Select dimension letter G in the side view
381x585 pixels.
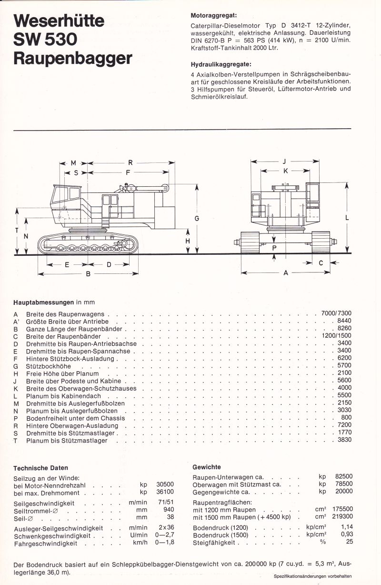pyautogui.click(x=196, y=218)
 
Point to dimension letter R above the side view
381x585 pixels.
pyautogui.click(x=130, y=163)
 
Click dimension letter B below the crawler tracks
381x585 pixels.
pyautogui.click(x=88, y=274)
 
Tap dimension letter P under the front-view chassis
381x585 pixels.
pyautogui.click(x=274, y=248)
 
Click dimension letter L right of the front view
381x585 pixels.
pyautogui.click(x=347, y=217)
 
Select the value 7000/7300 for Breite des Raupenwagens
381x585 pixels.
pyautogui.click(x=336, y=313)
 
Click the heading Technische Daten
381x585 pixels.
pyautogui.click(x=40, y=468)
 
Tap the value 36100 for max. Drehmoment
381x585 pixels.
pyautogui.click(x=165, y=492)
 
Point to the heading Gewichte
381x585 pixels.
pyautogui.click(x=207, y=467)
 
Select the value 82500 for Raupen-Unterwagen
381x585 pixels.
pyautogui.click(x=343, y=476)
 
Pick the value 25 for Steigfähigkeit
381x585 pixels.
pyautogui.click(x=349, y=542)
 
